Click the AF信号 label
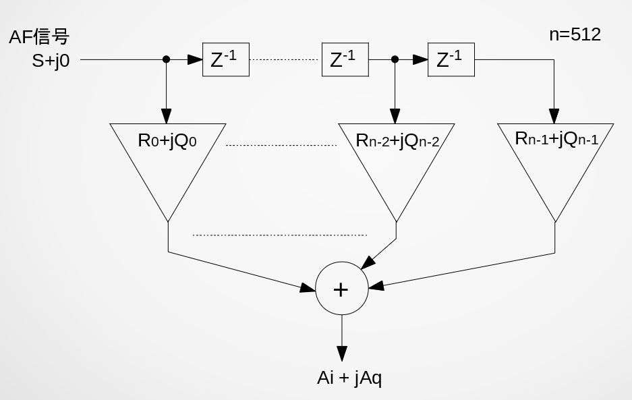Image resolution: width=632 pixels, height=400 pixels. [39, 37]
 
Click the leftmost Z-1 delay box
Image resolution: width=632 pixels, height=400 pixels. [225, 60]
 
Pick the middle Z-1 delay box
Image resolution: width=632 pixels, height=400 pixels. [345, 60]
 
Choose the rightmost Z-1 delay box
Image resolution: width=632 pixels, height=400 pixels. [451, 60]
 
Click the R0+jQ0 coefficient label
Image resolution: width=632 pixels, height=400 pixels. [167, 141]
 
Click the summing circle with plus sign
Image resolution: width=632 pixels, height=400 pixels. [342, 289]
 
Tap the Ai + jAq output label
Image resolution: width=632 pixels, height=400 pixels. [349, 378]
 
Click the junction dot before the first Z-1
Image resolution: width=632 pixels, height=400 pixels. [167, 59]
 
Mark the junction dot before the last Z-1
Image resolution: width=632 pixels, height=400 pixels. [395, 59]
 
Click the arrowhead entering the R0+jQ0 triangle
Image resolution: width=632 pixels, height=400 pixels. [167, 116]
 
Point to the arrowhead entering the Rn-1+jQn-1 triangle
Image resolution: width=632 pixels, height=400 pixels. [555, 115]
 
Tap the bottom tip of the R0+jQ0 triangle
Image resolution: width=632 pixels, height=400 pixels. [167, 220]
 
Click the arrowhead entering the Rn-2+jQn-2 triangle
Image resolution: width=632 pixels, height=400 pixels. [395, 116]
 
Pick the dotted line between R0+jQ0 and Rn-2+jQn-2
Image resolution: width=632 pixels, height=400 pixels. [280, 145]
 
